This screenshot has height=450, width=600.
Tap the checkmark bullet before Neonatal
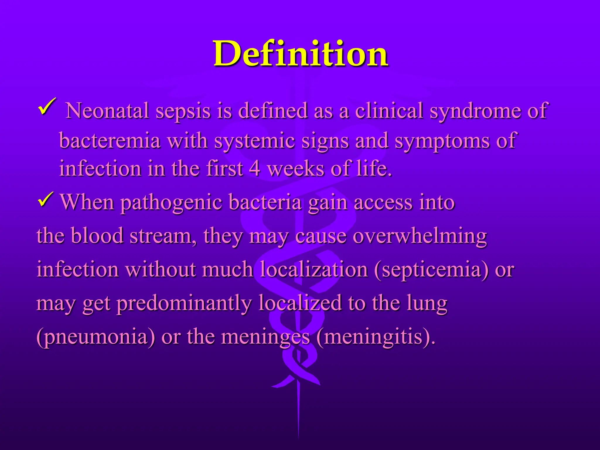pyautogui.click(x=47, y=108)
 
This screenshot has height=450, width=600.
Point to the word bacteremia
pyautogui.click(x=110, y=141)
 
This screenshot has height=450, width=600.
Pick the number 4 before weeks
pyautogui.click(x=255, y=169)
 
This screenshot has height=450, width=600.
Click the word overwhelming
pyautogui.click(x=391, y=236)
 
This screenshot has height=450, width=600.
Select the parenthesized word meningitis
pyautogui.click(x=374, y=337)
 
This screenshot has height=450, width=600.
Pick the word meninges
pyautogui.click(x=265, y=337)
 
